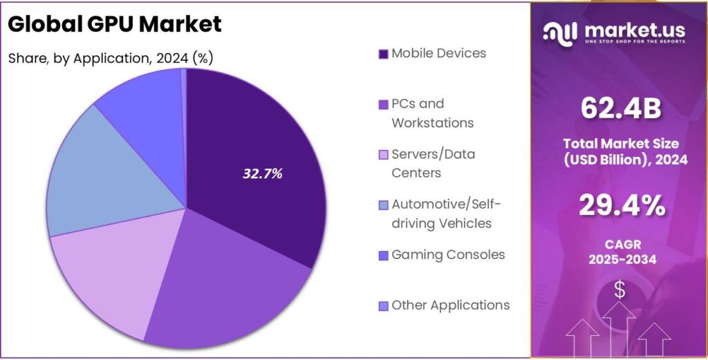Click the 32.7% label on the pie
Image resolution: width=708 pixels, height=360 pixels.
263,174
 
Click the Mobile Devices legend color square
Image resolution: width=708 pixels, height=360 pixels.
383,54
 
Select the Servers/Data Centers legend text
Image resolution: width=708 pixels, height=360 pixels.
433,164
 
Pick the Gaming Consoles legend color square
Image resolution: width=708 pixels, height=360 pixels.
383,255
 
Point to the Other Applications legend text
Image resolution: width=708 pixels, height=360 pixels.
450,305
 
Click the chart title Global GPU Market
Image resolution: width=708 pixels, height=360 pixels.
115,24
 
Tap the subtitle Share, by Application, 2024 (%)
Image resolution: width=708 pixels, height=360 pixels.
111,58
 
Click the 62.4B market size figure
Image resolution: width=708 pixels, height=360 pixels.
619,108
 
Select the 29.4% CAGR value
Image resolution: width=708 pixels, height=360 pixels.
619,205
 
